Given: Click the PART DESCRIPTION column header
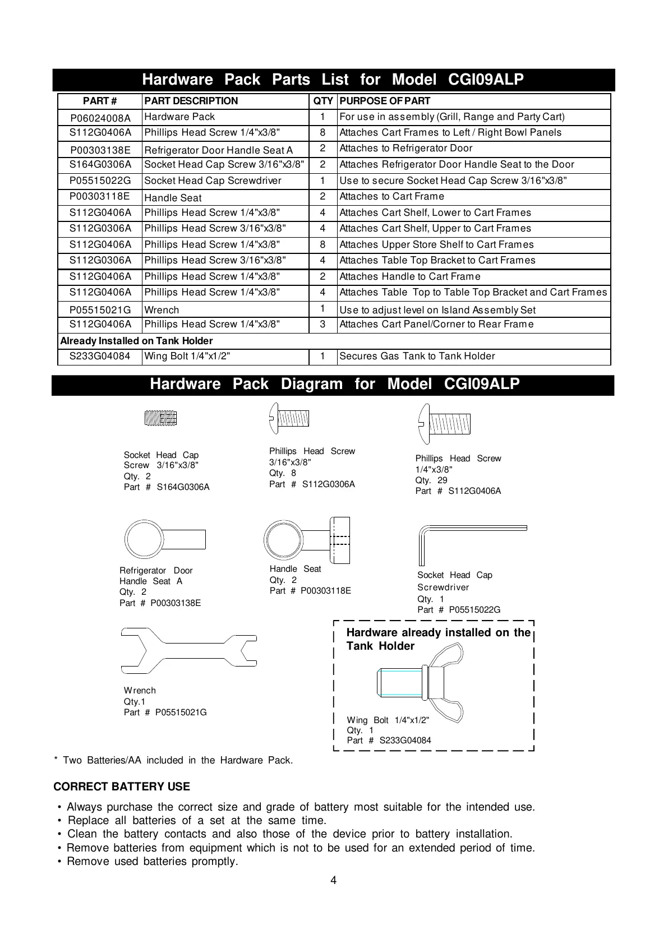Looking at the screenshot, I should [191, 101].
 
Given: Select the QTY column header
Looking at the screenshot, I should [323, 101].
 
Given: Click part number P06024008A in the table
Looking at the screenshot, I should [100, 118].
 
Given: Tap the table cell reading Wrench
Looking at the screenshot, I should [162, 310].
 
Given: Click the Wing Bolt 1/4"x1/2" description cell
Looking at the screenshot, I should [187, 356].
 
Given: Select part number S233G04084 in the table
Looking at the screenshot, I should [100, 356].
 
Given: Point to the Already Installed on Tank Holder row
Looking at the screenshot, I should [136, 341].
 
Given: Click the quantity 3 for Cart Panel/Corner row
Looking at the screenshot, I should [323, 324].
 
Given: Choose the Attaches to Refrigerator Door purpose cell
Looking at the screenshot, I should [406, 148].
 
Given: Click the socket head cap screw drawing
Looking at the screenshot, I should [160, 418].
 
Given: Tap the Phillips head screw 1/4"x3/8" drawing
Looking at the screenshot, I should [443, 424].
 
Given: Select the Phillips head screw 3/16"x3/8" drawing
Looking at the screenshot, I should [289, 418].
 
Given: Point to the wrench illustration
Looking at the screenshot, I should [188, 651].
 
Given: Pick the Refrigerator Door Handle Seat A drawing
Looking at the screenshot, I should [164, 540].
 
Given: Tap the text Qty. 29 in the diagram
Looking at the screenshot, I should [431, 480].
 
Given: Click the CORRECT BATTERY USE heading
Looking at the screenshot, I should [122, 786].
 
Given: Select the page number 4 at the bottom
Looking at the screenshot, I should [334, 880].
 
